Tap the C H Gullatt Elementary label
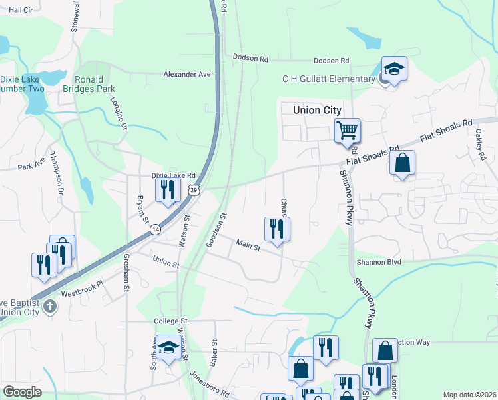pyautogui.click(x=329, y=79)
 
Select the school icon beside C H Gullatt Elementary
pyautogui.click(x=394, y=69)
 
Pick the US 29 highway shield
pyautogui.click(x=193, y=190)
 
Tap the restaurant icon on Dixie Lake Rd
pyautogui.click(x=167, y=189)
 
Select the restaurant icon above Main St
pyautogui.click(x=276, y=229)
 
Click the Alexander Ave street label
pyautogui.click(x=186, y=75)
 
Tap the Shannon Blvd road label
pyautogui.click(x=378, y=262)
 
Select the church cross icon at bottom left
pyautogui.click(x=50, y=307)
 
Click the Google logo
pyautogui.click(x=22, y=392)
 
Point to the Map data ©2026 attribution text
pyautogui.click(x=469, y=395)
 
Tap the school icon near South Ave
pyautogui.click(x=169, y=347)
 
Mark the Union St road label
pyautogui.click(x=166, y=261)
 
